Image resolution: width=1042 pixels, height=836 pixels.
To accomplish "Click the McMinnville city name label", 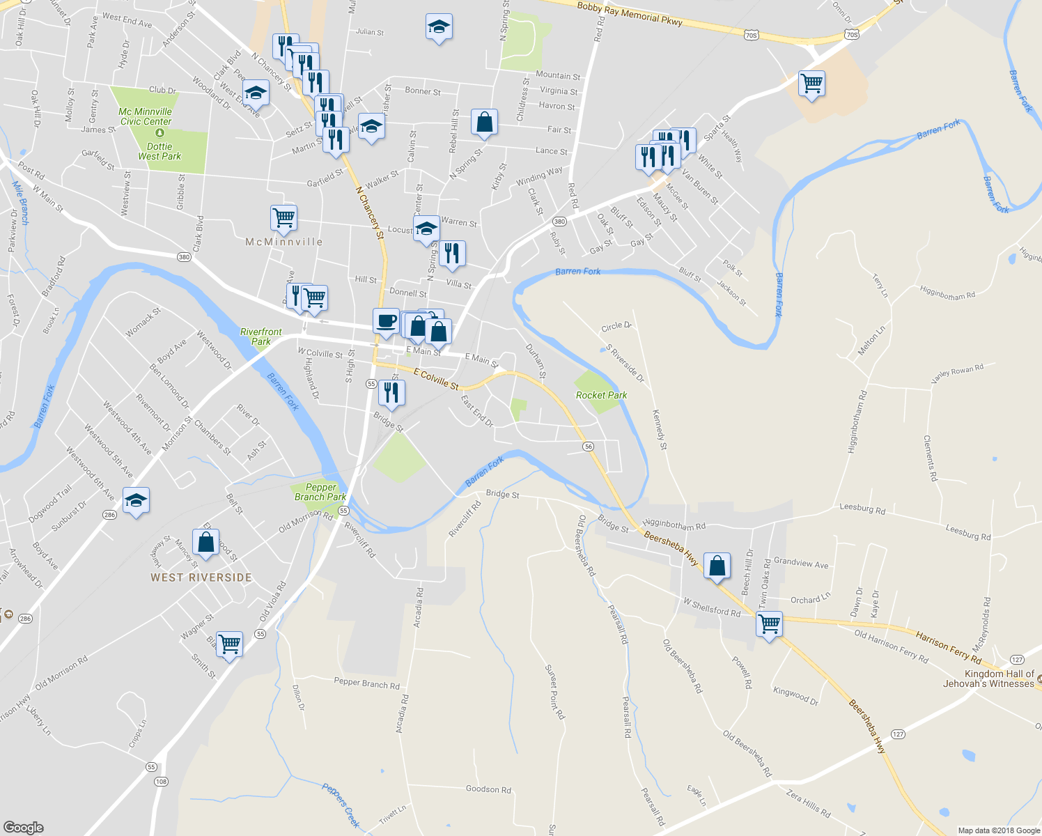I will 284,242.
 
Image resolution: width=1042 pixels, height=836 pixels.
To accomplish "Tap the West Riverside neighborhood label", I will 201,578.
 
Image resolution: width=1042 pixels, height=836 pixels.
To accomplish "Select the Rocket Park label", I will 601,395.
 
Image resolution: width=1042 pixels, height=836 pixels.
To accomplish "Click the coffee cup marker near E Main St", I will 387,321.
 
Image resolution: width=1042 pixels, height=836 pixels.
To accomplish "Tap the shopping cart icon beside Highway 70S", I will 812,84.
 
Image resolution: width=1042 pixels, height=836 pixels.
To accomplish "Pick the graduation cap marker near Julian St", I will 439,27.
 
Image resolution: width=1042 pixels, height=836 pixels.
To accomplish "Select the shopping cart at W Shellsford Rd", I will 769,624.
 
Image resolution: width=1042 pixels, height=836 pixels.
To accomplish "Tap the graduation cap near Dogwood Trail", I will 136,500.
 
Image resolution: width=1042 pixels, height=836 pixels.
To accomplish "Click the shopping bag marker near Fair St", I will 484,122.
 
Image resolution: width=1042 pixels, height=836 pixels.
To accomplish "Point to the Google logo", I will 24,827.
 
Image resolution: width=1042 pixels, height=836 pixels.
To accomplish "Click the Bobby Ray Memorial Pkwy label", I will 630,14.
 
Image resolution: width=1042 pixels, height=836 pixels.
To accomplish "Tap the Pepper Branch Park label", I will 320,492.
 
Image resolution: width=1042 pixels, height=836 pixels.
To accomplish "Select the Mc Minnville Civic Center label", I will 146,116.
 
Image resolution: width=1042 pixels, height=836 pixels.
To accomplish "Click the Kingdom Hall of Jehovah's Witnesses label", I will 989,679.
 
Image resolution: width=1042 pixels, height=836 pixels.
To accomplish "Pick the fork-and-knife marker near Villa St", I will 453,254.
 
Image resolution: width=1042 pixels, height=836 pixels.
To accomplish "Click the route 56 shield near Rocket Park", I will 589,446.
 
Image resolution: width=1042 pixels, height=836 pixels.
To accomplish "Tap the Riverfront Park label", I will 261,336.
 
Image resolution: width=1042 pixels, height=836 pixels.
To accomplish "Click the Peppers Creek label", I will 341,805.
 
